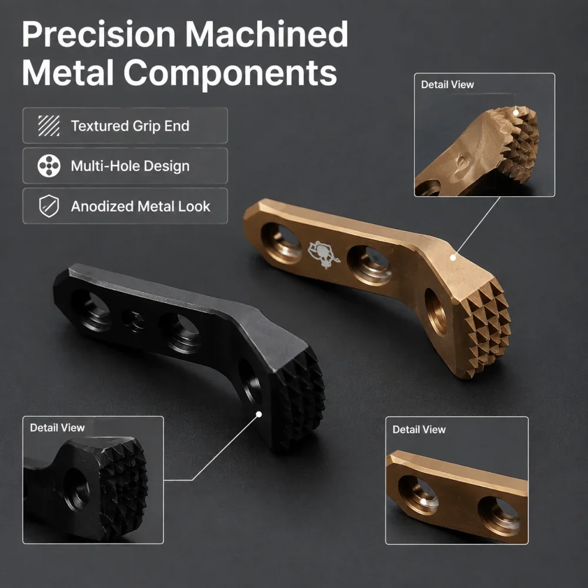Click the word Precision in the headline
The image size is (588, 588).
[x=99, y=35]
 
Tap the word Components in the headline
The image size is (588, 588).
[x=230, y=73]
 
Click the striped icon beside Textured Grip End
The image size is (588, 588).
[x=49, y=126]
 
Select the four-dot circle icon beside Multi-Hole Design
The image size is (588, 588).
[x=49, y=166]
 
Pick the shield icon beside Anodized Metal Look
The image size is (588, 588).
[x=49, y=206]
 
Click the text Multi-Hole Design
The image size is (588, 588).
[x=130, y=166]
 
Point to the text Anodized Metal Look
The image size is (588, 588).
[x=141, y=206]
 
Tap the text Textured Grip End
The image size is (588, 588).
[x=130, y=126]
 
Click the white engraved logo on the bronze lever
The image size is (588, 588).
[x=323, y=255]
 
